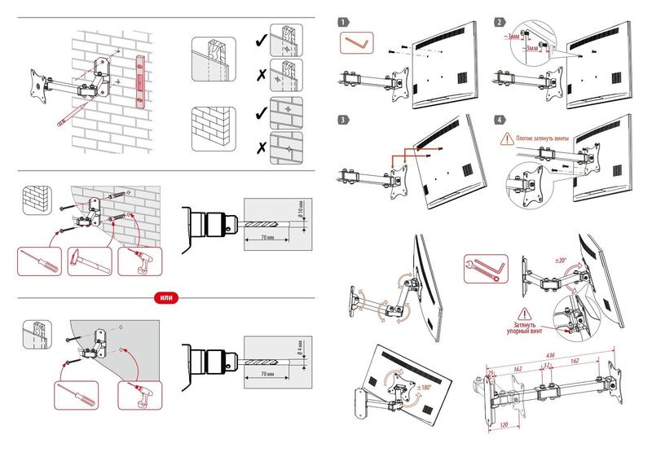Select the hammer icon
pos(87,261)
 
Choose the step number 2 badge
pos(499,22)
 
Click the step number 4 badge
pos(499,120)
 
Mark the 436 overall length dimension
pos(550,355)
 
